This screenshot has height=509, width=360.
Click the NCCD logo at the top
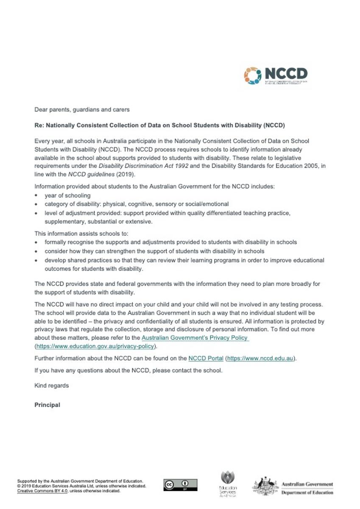pyautogui.click(x=276, y=76)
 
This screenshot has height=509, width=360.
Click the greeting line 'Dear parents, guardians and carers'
pyautogui.click(x=82, y=109)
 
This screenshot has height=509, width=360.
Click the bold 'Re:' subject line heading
pyautogui.click(x=159, y=126)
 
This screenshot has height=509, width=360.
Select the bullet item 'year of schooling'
pyautogui.click(x=67, y=196)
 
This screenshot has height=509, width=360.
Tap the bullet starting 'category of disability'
pyautogui.click(x=137, y=204)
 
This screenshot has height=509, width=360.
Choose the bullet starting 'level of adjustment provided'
pyautogui.click(x=167, y=213)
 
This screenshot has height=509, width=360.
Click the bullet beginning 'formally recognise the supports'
pyautogui.click(x=170, y=242)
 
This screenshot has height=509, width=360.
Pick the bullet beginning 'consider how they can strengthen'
pyautogui.click(x=148, y=251)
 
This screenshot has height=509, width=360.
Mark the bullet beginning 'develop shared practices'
pyautogui.click(x=184, y=260)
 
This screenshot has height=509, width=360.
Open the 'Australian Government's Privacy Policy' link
pyautogui.click(x=195, y=338)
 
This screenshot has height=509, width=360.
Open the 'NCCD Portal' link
pyautogui.click(x=206, y=358)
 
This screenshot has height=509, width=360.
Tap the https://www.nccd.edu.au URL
pyautogui.click(x=260, y=358)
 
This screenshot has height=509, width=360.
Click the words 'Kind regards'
pyautogui.click(x=51, y=386)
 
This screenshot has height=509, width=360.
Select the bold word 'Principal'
pyautogui.click(x=47, y=405)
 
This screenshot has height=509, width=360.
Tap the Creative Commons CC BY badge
pyautogui.click(x=180, y=485)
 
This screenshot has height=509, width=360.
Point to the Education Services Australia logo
pyautogui.click(x=228, y=484)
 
